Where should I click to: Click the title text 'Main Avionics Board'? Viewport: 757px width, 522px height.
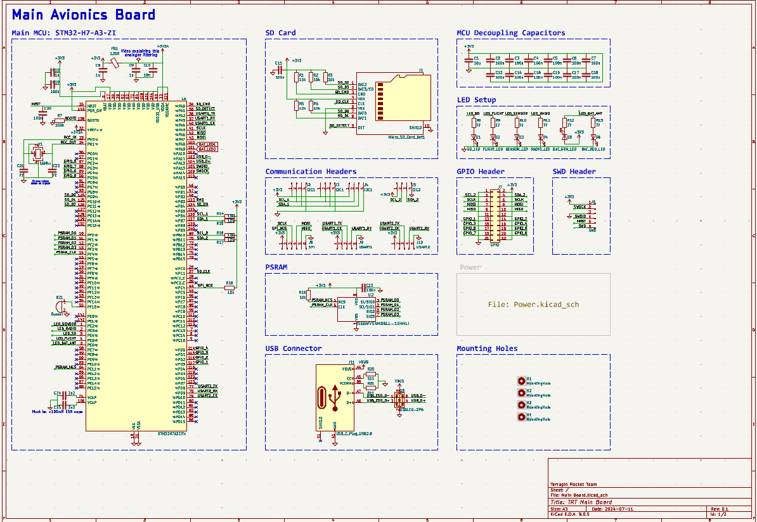point(84,15)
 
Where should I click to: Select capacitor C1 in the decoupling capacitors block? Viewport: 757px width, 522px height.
point(470,61)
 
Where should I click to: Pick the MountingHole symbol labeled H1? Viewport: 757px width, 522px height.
point(521,381)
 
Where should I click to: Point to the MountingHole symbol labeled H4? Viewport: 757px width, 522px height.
point(521,416)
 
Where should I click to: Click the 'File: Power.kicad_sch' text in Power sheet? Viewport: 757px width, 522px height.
point(533,305)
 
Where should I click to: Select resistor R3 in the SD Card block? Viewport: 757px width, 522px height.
point(325,77)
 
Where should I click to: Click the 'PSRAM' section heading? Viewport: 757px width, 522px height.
point(276,267)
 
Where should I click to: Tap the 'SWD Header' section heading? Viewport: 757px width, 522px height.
point(574,172)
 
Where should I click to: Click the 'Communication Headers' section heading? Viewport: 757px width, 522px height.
point(311,172)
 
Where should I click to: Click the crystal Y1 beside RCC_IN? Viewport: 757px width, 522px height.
point(37,153)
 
